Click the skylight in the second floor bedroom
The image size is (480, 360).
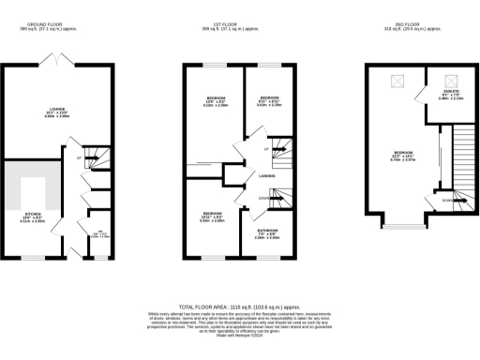(x=395, y=82)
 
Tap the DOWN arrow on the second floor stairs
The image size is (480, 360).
(x=451, y=200)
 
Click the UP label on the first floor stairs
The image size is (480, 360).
(x=268, y=149)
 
